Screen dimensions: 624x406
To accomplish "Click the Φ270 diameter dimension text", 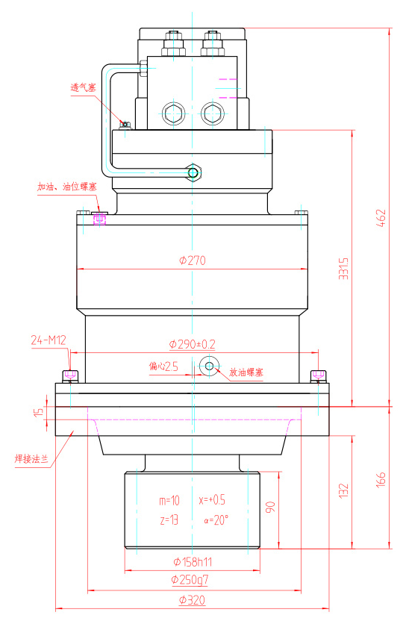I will coord(193,260).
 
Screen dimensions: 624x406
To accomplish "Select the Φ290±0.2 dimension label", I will coord(193,344).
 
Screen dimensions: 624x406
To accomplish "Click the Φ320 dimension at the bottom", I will coord(193,599).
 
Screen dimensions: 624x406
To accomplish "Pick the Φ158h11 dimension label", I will coord(193,561).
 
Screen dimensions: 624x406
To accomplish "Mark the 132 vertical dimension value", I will coord(343,490).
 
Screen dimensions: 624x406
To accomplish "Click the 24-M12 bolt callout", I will coord(49,340).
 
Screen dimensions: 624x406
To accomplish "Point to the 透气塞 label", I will coord(84,87).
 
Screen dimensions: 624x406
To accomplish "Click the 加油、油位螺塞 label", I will coord(64,187).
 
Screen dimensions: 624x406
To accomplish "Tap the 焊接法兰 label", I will coord(32,458).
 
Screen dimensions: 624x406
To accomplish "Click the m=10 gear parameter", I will coord(170,499).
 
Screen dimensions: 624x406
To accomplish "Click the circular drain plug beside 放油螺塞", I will coord(208,365).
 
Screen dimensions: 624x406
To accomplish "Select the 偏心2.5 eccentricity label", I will coord(163,366).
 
